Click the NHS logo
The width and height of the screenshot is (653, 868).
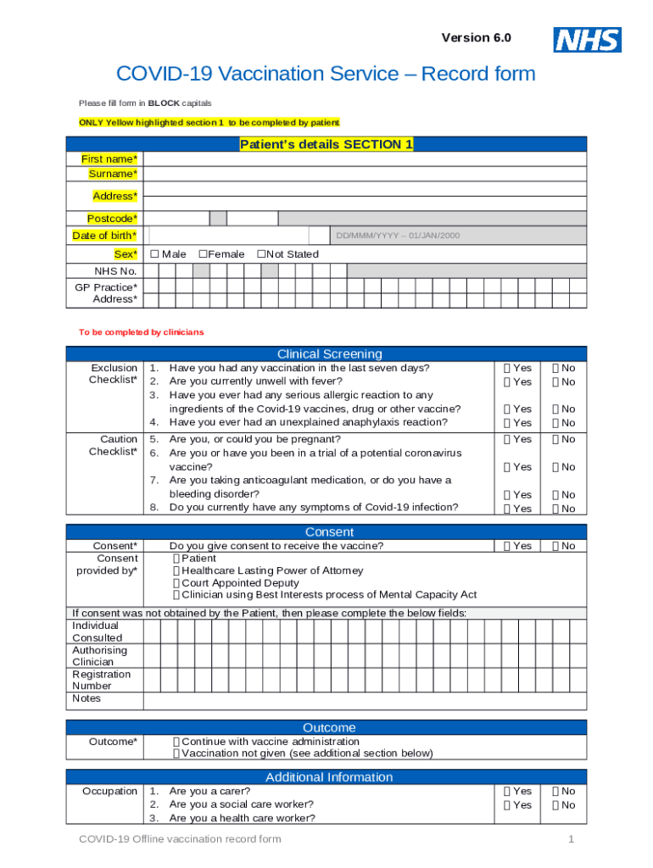click(x=587, y=39)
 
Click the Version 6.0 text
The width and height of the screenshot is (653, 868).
click(x=476, y=38)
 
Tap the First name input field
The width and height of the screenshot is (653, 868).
click(x=365, y=159)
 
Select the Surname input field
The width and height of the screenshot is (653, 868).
click(x=365, y=174)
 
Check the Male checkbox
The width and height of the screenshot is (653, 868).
click(x=154, y=254)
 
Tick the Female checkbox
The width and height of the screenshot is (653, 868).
click(x=204, y=254)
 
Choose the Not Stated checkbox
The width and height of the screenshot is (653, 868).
click(x=262, y=254)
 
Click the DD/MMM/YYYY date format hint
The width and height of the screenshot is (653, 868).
click(x=398, y=236)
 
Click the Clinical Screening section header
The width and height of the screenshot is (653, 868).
click(x=329, y=353)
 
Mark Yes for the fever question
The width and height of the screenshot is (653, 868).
click(x=507, y=382)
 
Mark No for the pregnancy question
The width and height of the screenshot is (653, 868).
click(x=556, y=439)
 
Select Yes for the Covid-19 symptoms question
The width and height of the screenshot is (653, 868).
click(x=507, y=509)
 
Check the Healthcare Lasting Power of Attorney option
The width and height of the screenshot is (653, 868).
click(x=176, y=571)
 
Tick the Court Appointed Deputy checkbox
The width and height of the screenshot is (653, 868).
click(x=176, y=583)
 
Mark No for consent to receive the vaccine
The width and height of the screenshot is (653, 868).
click(x=556, y=546)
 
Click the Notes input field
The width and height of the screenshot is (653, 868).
click(x=365, y=700)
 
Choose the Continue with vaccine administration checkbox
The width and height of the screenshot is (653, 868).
click(x=176, y=742)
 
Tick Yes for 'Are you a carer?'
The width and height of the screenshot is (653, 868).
click(x=507, y=792)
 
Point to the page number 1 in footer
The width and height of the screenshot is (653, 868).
click(x=572, y=839)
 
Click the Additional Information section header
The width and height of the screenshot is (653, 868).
click(x=329, y=777)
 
